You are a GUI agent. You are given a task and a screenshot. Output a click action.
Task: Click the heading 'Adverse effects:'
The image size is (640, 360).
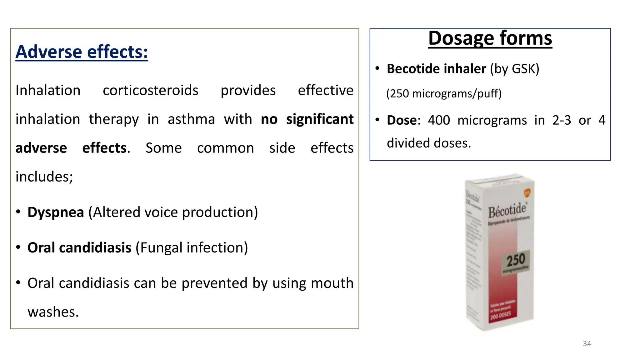click(82, 52)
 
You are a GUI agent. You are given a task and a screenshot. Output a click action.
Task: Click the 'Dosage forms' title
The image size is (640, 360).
click(490, 38)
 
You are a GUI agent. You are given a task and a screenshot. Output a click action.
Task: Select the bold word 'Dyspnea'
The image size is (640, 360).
click(56, 212)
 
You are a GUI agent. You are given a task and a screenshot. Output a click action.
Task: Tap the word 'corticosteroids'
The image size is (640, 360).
click(150, 90)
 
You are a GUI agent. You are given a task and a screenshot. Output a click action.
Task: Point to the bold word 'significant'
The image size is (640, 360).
click(320, 119)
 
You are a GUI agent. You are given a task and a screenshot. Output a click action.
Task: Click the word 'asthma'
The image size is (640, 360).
click(191, 119)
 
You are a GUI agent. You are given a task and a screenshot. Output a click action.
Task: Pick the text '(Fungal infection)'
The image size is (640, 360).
click(192, 247)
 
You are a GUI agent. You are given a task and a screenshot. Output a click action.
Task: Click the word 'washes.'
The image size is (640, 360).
click(53, 312)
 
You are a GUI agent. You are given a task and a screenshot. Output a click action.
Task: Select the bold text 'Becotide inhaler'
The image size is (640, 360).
click(436, 69)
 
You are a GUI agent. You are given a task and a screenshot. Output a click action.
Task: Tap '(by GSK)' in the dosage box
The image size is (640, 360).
click(514, 69)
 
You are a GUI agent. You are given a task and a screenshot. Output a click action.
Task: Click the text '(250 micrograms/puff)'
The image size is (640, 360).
click(444, 93)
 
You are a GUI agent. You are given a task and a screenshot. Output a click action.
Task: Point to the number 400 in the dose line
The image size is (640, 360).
click(439, 120)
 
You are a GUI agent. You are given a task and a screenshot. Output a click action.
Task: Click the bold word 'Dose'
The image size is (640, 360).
click(402, 120)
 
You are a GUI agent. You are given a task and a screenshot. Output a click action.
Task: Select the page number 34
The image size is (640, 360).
click(587, 343)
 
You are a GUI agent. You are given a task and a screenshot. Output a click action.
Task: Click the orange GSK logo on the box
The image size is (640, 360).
click(527, 192)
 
